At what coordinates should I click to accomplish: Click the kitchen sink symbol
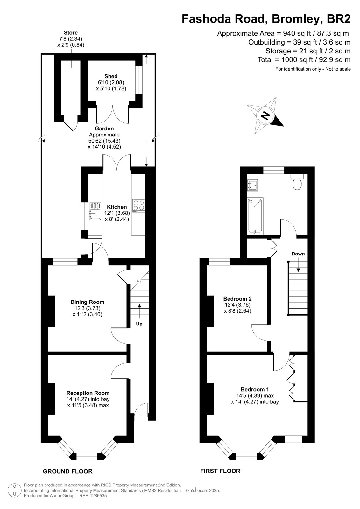tap(95, 211)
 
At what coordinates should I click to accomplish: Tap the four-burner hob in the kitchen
tap(139, 206)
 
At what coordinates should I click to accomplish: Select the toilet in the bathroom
tap(297, 182)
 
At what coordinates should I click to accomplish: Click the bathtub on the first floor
tap(255, 216)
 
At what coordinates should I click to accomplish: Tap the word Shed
tap(111, 76)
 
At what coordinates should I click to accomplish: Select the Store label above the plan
tap(71, 33)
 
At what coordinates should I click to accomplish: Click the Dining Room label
tap(87, 302)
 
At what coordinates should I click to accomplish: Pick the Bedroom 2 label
tap(237, 299)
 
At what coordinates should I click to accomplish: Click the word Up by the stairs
tap(139, 324)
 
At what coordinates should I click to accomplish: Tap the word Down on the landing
tap(298, 254)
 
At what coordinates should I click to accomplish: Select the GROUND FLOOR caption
tap(68, 471)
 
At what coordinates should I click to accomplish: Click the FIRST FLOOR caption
tap(220, 471)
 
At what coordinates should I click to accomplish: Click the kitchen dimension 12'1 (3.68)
tap(117, 213)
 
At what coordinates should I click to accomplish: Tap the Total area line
tap(304, 60)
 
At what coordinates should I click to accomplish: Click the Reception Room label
tap(88, 393)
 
